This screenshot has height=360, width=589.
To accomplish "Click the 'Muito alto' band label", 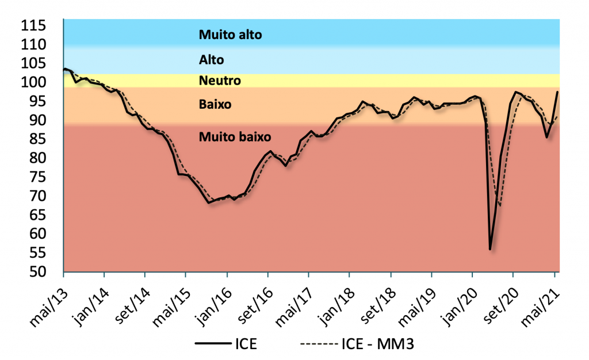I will pos(230,35).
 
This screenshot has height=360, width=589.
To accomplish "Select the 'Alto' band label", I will pos(211,60).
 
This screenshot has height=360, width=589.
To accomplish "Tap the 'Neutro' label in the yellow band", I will pos(220,81).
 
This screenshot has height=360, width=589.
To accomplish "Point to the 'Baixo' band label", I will pos(215,105).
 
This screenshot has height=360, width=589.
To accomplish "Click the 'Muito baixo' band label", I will pos(235,137).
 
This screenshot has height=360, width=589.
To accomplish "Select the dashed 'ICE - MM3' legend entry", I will pos(357,344).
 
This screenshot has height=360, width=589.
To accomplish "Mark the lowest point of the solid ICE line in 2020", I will pos(490,249).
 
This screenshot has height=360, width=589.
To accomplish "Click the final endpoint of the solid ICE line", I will pos(557,92).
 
